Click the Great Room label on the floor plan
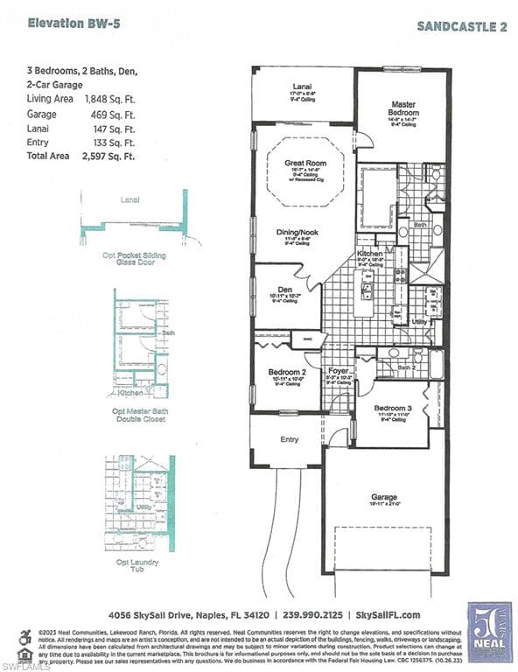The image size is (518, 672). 304,163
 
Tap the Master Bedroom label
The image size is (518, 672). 403,108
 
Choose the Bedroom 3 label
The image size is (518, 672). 392,409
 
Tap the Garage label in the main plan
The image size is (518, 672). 384,496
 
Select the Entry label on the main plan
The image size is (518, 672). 289,439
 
